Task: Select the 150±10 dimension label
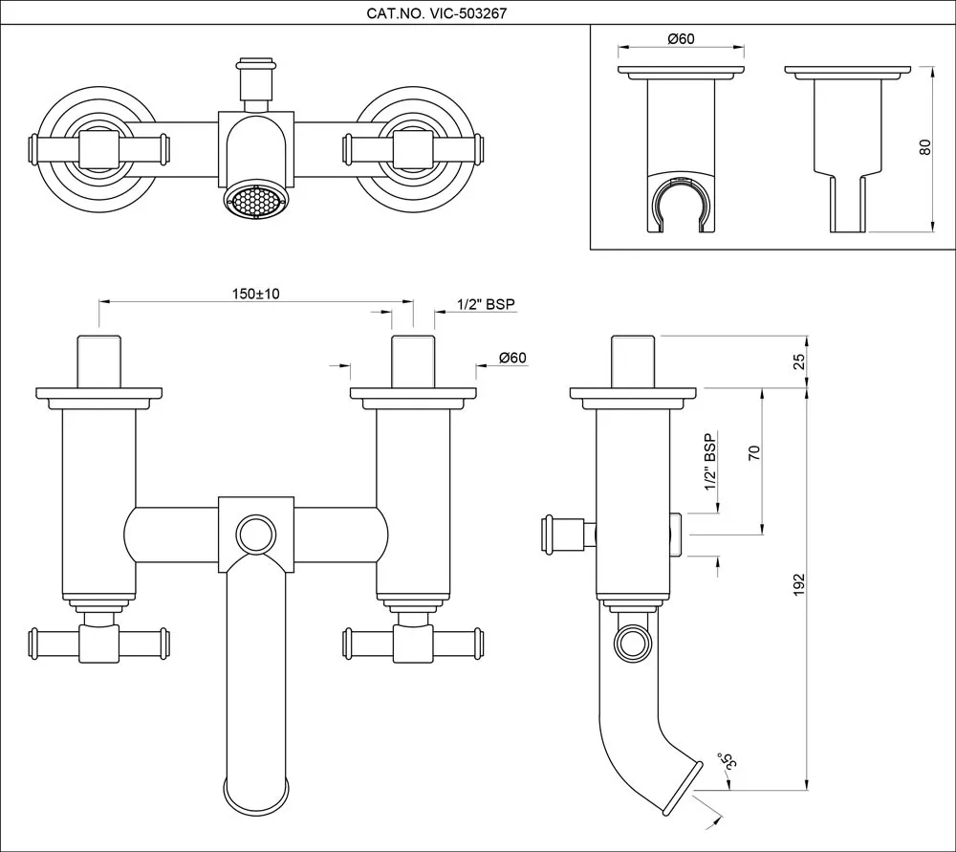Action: coord(255,294)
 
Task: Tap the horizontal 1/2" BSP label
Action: coord(486,304)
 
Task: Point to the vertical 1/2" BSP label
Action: coord(709,462)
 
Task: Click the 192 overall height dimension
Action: coord(798,586)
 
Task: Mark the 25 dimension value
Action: coord(800,361)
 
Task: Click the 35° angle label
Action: coord(728,760)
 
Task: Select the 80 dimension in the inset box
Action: coord(923,148)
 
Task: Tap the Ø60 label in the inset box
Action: coord(680,38)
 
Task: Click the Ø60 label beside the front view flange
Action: coord(512,358)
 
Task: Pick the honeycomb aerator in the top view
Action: coord(254,203)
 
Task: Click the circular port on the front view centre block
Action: coord(255,533)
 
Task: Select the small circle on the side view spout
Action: coord(632,644)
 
